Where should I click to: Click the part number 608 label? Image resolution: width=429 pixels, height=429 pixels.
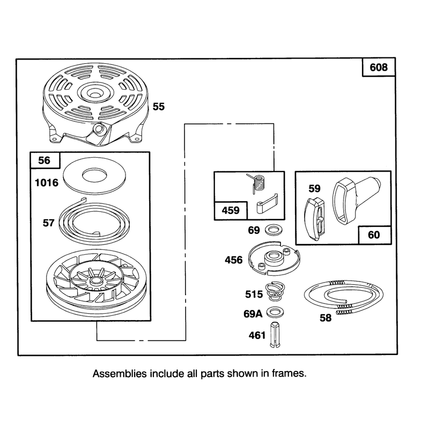coord(379,67)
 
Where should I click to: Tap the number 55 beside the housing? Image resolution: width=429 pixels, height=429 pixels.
coord(159,106)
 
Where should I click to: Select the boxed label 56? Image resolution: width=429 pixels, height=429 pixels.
coord(45,160)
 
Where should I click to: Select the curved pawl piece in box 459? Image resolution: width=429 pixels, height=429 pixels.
coord(267,204)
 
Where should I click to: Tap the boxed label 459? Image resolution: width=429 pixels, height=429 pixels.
coord(231,210)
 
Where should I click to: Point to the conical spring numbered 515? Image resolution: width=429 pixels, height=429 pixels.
coord(275,293)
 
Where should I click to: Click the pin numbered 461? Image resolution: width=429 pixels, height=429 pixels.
coord(275,335)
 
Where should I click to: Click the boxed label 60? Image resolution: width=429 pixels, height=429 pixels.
coord(374,235)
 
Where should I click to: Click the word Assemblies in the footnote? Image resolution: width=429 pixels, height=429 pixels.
coord(120,374)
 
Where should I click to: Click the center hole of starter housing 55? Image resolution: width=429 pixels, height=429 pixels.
coord(95,95)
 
